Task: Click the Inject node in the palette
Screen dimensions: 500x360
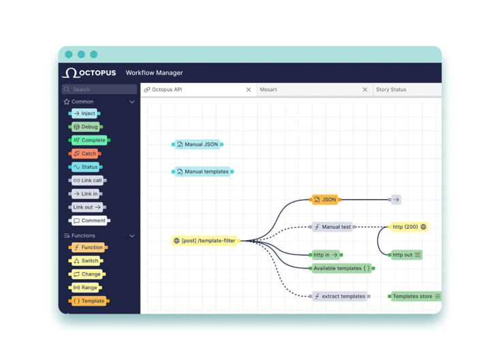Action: pos(84,114)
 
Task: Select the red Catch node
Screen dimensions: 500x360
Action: pos(85,154)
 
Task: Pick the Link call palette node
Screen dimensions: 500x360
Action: pos(87,180)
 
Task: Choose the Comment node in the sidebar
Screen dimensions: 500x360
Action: pos(89,220)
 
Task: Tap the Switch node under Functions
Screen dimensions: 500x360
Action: pos(86,261)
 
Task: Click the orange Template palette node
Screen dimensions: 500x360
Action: pos(89,301)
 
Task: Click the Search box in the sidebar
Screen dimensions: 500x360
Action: pos(99,89)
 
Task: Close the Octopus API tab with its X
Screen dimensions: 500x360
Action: pos(249,90)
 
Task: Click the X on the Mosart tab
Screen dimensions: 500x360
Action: pos(365,90)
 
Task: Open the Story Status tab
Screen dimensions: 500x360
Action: pos(391,90)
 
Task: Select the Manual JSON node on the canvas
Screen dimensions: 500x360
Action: pos(198,144)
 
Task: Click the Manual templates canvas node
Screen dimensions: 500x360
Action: pos(203,171)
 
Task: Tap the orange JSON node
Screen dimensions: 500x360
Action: pos(325,199)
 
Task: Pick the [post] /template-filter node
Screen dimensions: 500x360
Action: pos(205,240)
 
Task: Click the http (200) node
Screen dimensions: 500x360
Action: pos(409,227)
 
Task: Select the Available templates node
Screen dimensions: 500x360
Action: pos(342,268)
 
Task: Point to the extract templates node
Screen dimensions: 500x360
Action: pos(340,296)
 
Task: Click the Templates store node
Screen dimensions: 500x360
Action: pos(415,296)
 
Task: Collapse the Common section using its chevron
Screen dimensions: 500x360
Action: pos(132,102)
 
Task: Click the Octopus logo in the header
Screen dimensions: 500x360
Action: pos(89,73)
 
